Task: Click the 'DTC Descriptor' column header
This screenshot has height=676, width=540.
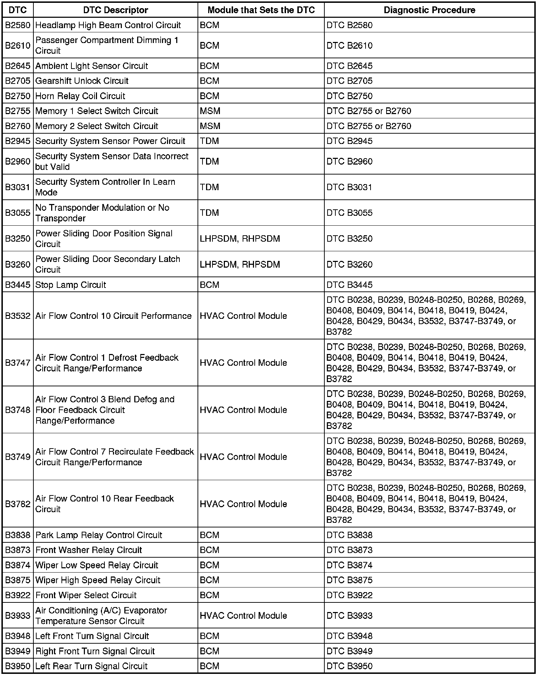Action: (x=115, y=10)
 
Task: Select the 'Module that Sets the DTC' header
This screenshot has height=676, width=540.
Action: (x=261, y=10)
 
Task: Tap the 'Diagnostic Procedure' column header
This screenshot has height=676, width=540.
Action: (x=430, y=10)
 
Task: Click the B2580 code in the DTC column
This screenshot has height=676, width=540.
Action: (x=18, y=25)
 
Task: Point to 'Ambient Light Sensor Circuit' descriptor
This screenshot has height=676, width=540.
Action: (x=92, y=66)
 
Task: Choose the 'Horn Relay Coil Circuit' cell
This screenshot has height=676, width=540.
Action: (x=80, y=96)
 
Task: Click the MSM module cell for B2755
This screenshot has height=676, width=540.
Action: (x=210, y=111)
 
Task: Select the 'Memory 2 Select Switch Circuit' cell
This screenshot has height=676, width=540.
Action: (x=97, y=126)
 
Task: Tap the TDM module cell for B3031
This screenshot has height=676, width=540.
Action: (x=209, y=187)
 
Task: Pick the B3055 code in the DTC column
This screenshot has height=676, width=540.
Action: (x=18, y=213)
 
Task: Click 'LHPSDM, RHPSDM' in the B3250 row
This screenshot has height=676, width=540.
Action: (x=240, y=238)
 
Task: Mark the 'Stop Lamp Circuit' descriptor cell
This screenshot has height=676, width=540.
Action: (x=71, y=285)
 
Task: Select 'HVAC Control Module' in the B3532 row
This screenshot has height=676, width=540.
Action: (x=243, y=316)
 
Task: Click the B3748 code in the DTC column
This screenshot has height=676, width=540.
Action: (x=18, y=410)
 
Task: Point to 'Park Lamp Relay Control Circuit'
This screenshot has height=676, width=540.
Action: (x=99, y=535)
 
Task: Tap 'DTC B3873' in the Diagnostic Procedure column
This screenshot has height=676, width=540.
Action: (x=350, y=550)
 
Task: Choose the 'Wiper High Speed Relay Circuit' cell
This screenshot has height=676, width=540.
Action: (x=98, y=580)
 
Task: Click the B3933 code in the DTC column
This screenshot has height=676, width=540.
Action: (x=18, y=616)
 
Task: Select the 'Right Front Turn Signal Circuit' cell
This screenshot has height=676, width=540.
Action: (x=95, y=651)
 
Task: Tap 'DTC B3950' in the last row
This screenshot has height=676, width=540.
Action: (x=350, y=666)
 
